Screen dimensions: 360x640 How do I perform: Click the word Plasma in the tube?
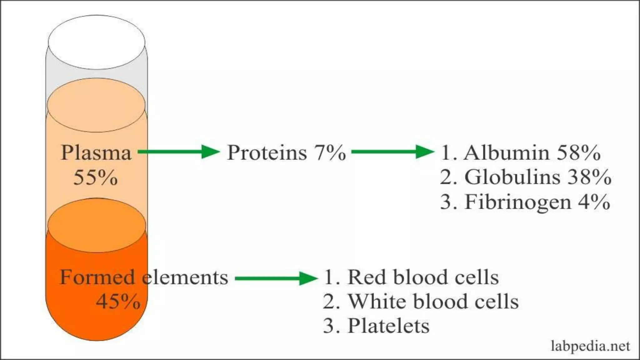pyautogui.click(x=96, y=153)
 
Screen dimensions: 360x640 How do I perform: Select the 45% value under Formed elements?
pyautogui.click(x=118, y=302)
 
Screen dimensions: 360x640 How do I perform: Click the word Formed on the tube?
pyautogui.click(x=97, y=277)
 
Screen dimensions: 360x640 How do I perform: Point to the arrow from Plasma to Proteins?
pyautogui.click(x=179, y=152)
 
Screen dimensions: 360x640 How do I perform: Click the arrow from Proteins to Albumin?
pyautogui.click(x=392, y=152)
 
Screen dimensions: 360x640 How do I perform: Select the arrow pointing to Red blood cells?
pyautogui.click(x=276, y=278)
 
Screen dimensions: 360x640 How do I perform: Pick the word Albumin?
pyautogui.click(x=506, y=153)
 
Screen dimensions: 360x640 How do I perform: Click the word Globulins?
pyautogui.click(x=512, y=177)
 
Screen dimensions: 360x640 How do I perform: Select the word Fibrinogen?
pyautogui.click(x=518, y=202)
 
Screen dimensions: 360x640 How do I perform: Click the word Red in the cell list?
pyautogui.click(x=367, y=277)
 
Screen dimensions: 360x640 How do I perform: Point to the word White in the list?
pyautogui.click(x=377, y=302)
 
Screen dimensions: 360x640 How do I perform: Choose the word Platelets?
pyautogui.click(x=388, y=326)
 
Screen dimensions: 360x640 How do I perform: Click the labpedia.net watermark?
pyautogui.click(x=590, y=346)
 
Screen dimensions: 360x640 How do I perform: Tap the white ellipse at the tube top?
pyautogui.click(x=97, y=42)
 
